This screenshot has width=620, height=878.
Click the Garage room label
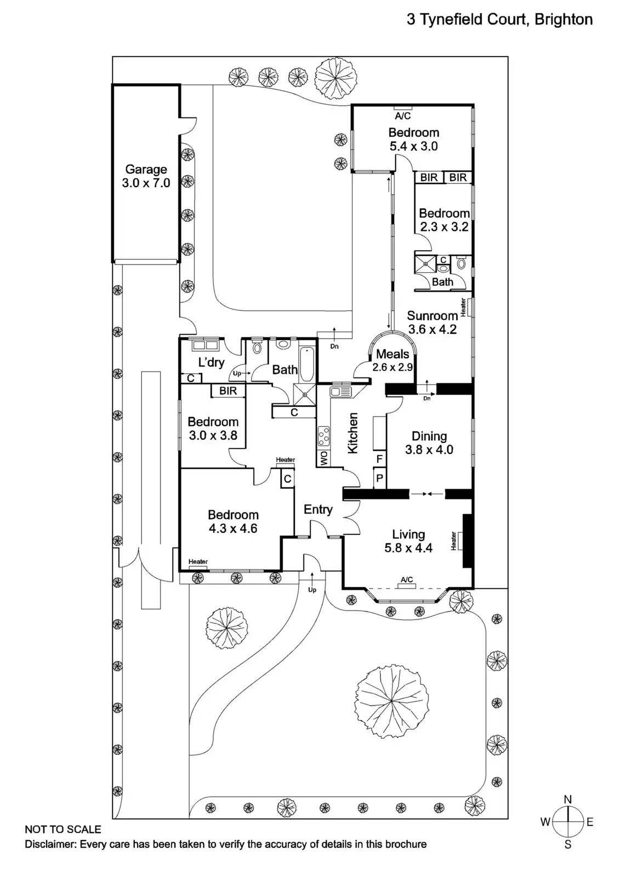(146, 170)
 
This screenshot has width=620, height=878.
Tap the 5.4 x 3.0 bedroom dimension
(413, 147)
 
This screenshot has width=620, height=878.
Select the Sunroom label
(432, 316)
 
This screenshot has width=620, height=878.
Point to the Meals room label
(393, 354)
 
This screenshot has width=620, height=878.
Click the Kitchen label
(353, 434)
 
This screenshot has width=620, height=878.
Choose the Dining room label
(429, 436)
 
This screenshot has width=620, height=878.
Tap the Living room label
(408, 534)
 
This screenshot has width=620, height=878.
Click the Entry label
(318, 510)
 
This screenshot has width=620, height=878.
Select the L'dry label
(211, 362)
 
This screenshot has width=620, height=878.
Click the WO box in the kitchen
(323, 459)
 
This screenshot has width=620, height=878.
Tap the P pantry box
(379, 479)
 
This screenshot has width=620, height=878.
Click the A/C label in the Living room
(407, 580)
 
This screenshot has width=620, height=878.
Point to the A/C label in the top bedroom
(403, 116)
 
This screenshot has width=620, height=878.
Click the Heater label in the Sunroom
(463, 307)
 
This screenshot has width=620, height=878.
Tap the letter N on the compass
(568, 800)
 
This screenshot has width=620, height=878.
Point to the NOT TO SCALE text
(63, 830)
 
